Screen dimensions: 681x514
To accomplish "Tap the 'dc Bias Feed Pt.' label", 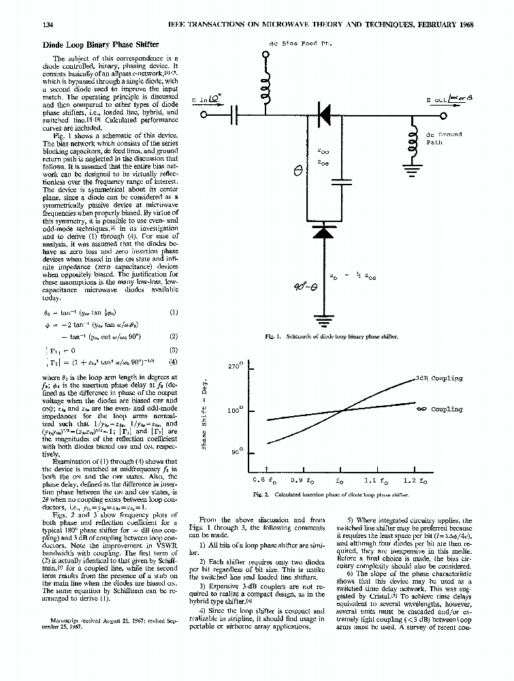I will tap(300, 44).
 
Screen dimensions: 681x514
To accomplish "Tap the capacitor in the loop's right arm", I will tap(338, 182).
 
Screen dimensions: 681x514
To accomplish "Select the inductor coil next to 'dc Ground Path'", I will tap(411, 142).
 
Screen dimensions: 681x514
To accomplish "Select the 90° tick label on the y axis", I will tap(236, 452).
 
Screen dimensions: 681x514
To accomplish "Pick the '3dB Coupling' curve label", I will tap(438, 379).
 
